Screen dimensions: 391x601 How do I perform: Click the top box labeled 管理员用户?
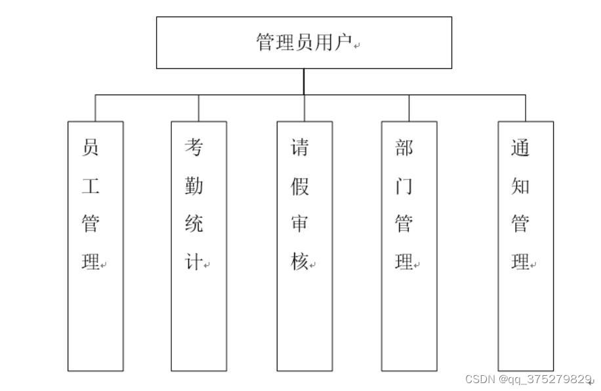click(304, 43)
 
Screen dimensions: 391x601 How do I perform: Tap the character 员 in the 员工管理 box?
click(91, 148)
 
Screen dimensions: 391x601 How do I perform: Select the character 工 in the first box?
click(91, 186)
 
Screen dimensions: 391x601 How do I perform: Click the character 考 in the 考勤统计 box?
click(194, 148)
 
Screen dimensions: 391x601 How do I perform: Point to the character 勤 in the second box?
click(194, 186)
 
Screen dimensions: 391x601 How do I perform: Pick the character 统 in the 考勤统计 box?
click(194, 224)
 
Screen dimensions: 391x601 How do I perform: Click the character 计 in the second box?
click(194, 262)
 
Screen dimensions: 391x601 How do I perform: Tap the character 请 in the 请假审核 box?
click(300, 148)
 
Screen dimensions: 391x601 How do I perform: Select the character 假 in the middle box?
click(300, 186)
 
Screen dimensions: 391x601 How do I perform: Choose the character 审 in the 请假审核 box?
click(300, 224)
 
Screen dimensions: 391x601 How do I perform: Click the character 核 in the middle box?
click(300, 262)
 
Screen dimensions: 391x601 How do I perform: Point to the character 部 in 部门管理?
click(404, 148)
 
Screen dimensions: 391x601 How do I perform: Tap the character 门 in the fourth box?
click(404, 186)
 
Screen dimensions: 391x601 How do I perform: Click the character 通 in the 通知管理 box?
click(520, 148)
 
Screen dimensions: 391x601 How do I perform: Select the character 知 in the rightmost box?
click(520, 186)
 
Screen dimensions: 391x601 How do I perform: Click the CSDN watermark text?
click(528, 379)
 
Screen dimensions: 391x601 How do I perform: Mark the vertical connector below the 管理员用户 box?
click(304, 81)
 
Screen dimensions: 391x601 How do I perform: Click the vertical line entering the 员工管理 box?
click(95, 108)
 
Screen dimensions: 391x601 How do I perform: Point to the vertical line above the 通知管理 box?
click(526, 108)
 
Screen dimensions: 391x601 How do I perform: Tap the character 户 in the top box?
click(344, 43)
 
